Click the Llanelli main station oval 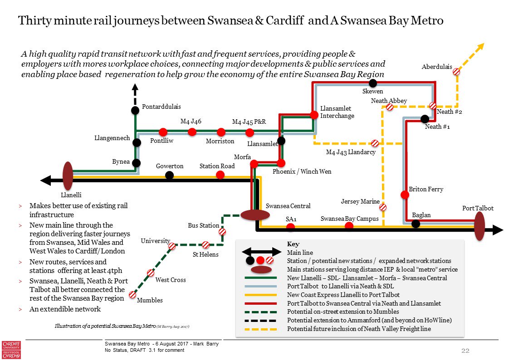click(x=68, y=176)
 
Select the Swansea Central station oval click(x=255, y=215)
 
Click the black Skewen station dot click(x=373, y=83)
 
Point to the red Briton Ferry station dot click(x=405, y=195)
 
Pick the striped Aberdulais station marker click(x=457, y=71)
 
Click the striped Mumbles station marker click(x=132, y=295)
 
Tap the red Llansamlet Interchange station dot click(x=314, y=115)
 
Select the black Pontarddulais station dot click(x=135, y=110)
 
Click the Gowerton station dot click(x=169, y=175)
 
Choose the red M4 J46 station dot click(x=192, y=132)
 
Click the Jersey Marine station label click(x=360, y=201)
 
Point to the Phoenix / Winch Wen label click(x=302, y=172)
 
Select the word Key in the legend click(x=293, y=244)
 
